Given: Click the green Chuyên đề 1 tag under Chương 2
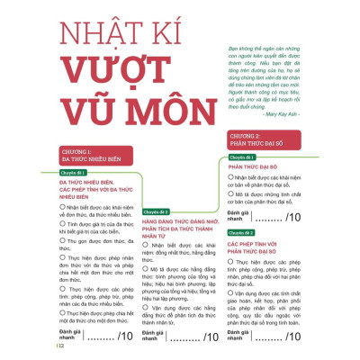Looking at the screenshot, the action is (240, 157).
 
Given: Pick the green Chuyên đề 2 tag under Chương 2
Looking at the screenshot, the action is (240, 231).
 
